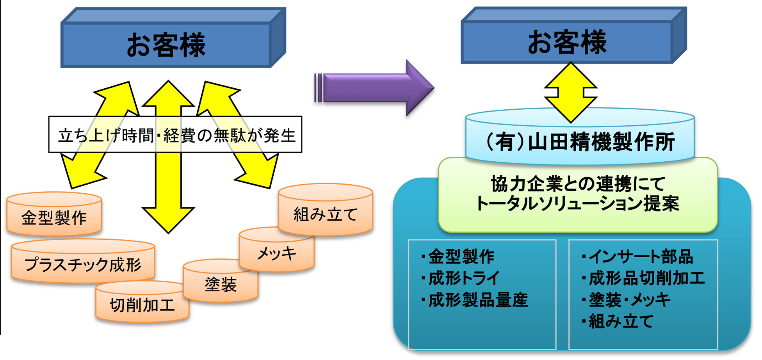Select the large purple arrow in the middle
374,88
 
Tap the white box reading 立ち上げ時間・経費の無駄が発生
175,134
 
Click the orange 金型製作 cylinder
54,214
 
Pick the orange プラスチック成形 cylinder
83,261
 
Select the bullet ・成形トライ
460,278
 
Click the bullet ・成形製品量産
474,300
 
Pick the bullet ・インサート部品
637,257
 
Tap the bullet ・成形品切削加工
643,278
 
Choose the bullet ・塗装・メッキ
625,300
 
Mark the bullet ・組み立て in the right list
617,321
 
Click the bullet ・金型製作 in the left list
458,257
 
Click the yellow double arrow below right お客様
571,93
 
